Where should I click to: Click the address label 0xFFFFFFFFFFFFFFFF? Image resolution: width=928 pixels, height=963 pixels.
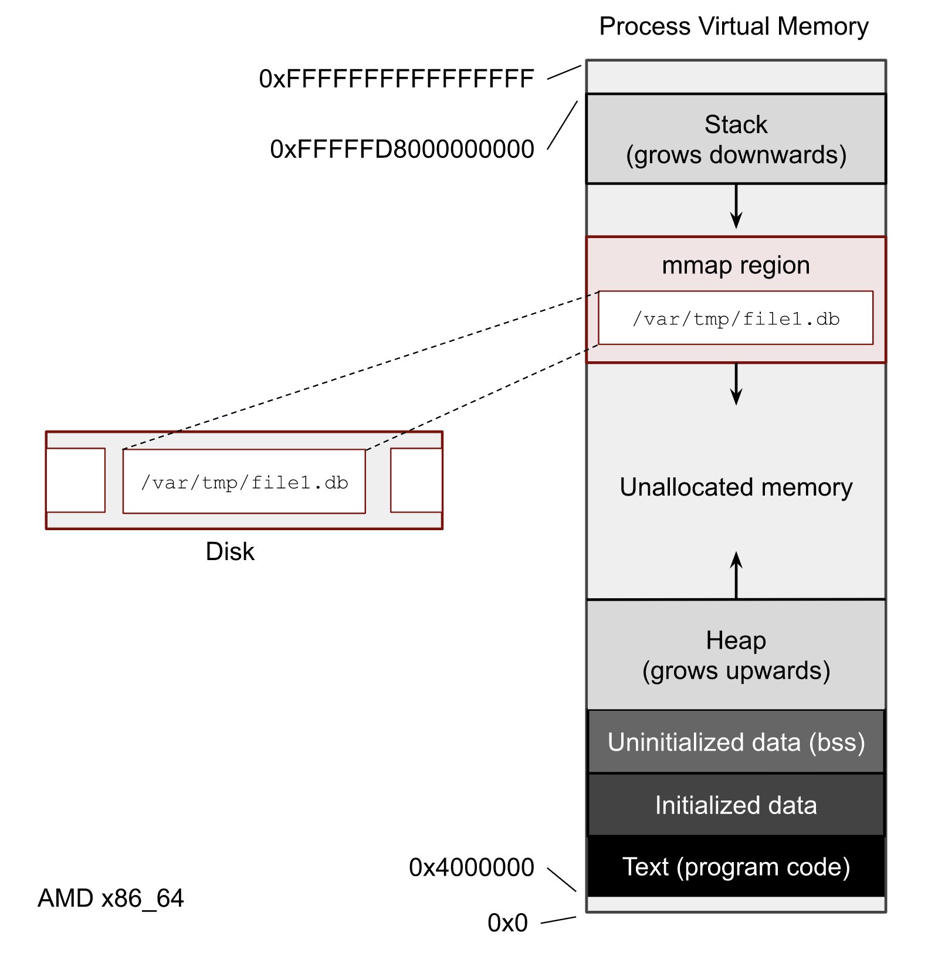click(x=396, y=79)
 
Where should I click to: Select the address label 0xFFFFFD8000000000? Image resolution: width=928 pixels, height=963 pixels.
click(x=402, y=150)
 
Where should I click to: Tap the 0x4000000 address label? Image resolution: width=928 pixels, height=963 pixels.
click(x=471, y=867)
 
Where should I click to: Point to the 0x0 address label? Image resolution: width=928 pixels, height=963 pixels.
click(x=507, y=923)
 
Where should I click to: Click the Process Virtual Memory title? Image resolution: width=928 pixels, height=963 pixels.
click(x=733, y=26)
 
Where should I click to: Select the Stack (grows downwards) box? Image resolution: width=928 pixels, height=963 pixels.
click(x=736, y=140)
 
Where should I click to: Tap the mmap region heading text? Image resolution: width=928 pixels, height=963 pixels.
click(x=736, y=265)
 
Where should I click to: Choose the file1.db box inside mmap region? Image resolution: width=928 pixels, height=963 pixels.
click(x=736, y=318)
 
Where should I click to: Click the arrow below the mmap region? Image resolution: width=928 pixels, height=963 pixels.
click(x=736, y=385)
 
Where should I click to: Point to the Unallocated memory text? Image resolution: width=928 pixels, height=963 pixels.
click(x=736, y=487)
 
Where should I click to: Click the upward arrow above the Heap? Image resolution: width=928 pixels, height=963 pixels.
click(x=736, y=575)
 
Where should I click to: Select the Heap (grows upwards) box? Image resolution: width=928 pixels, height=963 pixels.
click(x=736, y=655)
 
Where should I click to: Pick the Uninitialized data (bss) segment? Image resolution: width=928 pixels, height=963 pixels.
click(x=736, y=742)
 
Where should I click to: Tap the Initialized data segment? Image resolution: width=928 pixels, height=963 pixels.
click(x=736, y=805)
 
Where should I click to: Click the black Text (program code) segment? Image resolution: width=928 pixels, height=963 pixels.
click(x=736, y=867)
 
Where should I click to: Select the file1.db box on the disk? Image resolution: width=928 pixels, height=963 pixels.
click(x=244, y=482)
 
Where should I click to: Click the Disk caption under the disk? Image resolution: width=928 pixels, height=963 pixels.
click(x=230, y=552)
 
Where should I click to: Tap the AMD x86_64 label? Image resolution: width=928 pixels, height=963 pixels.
click(x=110, y=898)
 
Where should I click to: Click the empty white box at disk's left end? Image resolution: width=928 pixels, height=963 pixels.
click(x=76, y=480)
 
